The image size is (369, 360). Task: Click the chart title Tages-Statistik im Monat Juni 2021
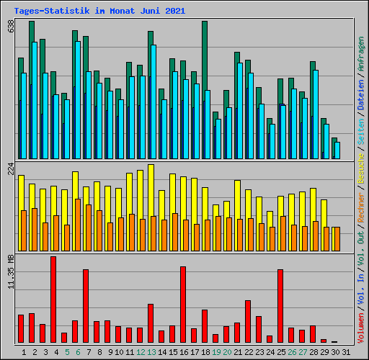[x=99, y=11]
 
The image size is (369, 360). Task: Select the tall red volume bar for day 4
[x=53, y=300]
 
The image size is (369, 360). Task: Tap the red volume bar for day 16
[x=183, y=305]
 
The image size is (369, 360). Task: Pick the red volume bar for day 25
[x=280, y=306]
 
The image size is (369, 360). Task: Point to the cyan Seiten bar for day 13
[x=154, y=102]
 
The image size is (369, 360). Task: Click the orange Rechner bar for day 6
[x=78, y=225]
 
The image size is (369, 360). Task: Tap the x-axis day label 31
[x=346, y=352]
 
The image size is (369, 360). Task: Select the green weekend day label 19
[x=216, y=352]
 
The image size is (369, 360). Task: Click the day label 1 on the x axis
[x=24, y=352]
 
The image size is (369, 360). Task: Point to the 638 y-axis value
[x=11, y=27]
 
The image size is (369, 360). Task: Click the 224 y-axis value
[x=11, y=168]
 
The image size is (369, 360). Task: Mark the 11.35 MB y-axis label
[x=11, y=271]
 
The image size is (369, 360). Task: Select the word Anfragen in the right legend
[x=361, y=54]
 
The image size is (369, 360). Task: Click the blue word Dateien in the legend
[x=361, y=94]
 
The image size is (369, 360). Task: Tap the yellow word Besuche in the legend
[x=361, y=168]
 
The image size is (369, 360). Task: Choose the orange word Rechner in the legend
[x=361, y=207]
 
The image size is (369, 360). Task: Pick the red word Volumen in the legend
[x=361, y=328]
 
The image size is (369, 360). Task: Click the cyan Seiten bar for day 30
[x=337, y=150]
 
